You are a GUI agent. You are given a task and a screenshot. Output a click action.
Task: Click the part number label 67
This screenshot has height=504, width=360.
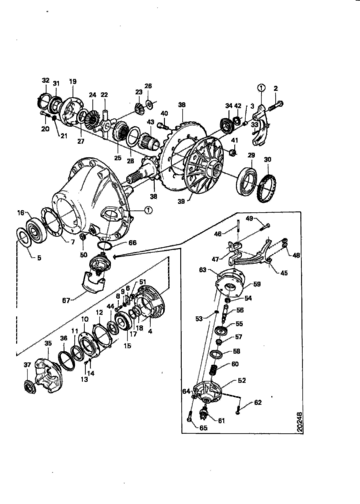66,301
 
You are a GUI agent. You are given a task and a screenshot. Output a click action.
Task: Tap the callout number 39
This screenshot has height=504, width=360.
181,201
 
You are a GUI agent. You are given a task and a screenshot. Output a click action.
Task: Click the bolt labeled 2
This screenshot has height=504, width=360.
275,105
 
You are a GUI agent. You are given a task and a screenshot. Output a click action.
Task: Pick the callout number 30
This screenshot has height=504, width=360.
267,159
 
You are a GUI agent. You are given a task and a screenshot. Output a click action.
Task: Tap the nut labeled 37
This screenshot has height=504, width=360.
30,387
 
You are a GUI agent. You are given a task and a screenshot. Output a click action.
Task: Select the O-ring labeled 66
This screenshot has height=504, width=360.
104,246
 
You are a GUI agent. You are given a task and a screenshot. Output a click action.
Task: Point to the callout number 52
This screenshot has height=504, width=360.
242,380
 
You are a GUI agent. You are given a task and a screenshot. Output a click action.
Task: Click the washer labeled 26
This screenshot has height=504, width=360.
149,104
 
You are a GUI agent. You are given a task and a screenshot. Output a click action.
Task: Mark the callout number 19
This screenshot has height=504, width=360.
73,81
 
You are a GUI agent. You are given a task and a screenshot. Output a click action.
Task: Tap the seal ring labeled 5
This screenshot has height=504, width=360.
24,237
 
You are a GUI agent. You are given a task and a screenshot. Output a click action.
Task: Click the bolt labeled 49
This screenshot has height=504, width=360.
263,227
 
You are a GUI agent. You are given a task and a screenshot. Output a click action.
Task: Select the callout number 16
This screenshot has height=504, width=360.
21,213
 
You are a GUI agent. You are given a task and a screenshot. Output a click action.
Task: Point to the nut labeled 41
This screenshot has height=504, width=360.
233,152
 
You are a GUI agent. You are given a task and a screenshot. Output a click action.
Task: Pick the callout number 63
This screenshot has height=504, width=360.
202,270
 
